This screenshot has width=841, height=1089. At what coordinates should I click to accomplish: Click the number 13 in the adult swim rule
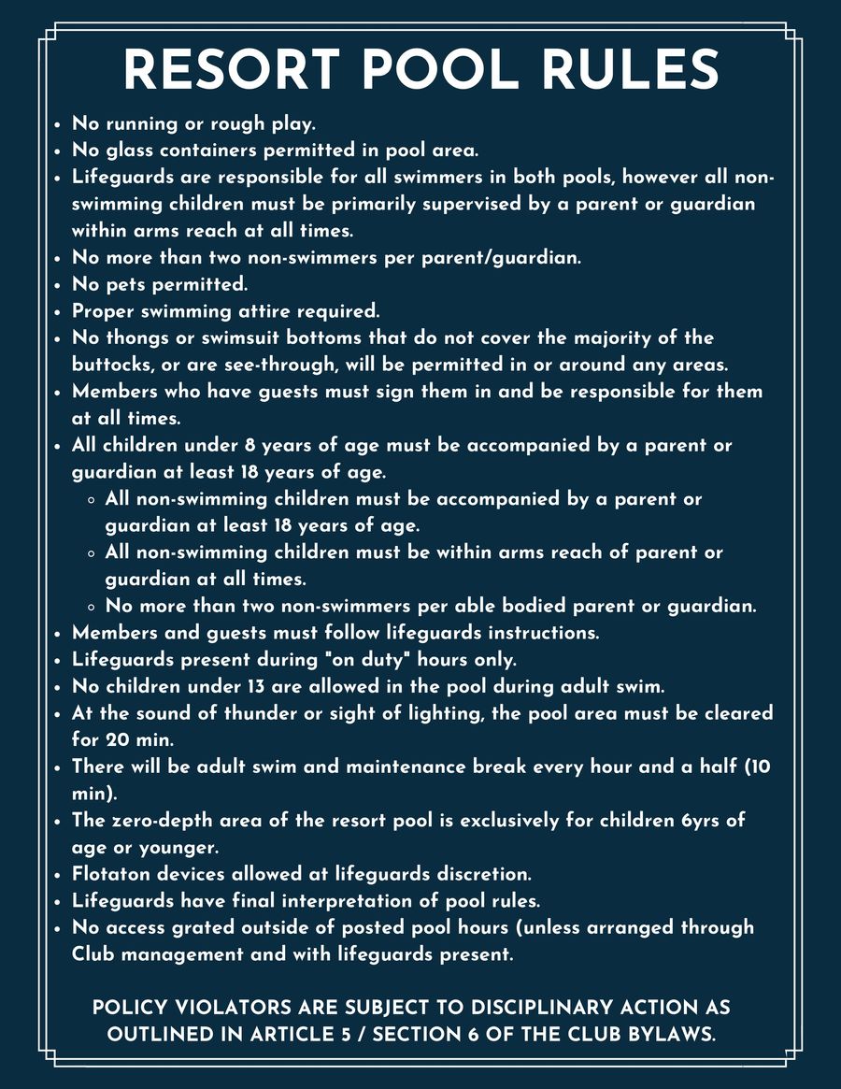[x=257, y=686]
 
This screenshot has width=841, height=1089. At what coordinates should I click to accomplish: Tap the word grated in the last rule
[x=207, y=928]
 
